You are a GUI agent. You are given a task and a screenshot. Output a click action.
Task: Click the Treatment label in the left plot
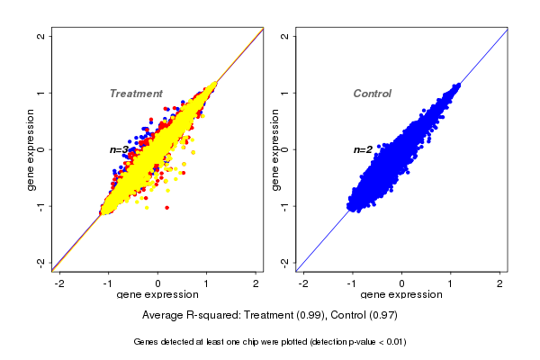(x=136, y=94)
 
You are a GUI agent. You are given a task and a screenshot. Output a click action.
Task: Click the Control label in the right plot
(x=372, y=94)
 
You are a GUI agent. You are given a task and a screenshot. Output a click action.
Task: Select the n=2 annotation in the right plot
(x=363, y=149)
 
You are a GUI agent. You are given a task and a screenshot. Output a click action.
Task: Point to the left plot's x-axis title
(x=157, y=295)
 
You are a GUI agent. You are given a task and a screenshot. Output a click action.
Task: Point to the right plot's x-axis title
(x=401, y=295)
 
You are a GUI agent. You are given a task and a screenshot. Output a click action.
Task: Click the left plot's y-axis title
(x=31, y=149)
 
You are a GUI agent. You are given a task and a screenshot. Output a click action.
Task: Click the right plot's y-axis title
(x=275, y=149)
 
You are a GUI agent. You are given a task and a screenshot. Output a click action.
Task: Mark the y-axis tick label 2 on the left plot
(x=42, y=36)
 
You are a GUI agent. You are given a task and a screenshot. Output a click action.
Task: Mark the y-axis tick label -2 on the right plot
(x=285, y=263)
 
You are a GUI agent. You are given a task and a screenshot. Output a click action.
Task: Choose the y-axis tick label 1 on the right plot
(x=285, y=93)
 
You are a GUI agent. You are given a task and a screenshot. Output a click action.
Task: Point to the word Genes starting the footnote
(x=147, y=342)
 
